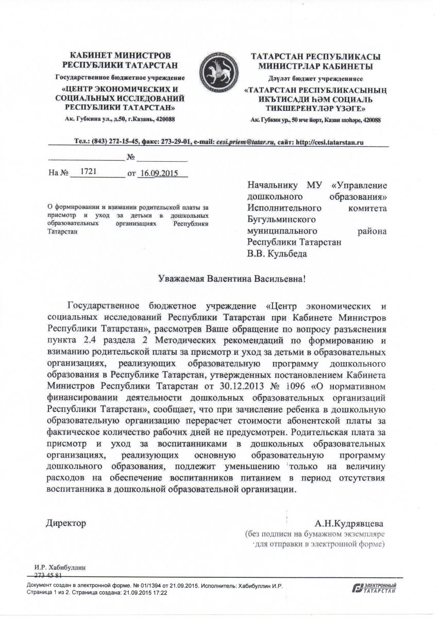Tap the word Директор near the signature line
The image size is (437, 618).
click(x=66, y=523)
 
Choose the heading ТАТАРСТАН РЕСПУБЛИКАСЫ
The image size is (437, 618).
click(x=315, y=56)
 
